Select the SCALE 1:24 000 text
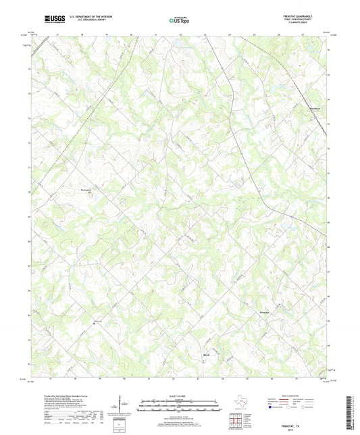click(x=179, y=396)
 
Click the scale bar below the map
click(x=179, y=407)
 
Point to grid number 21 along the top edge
click(x=156, y=33)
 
